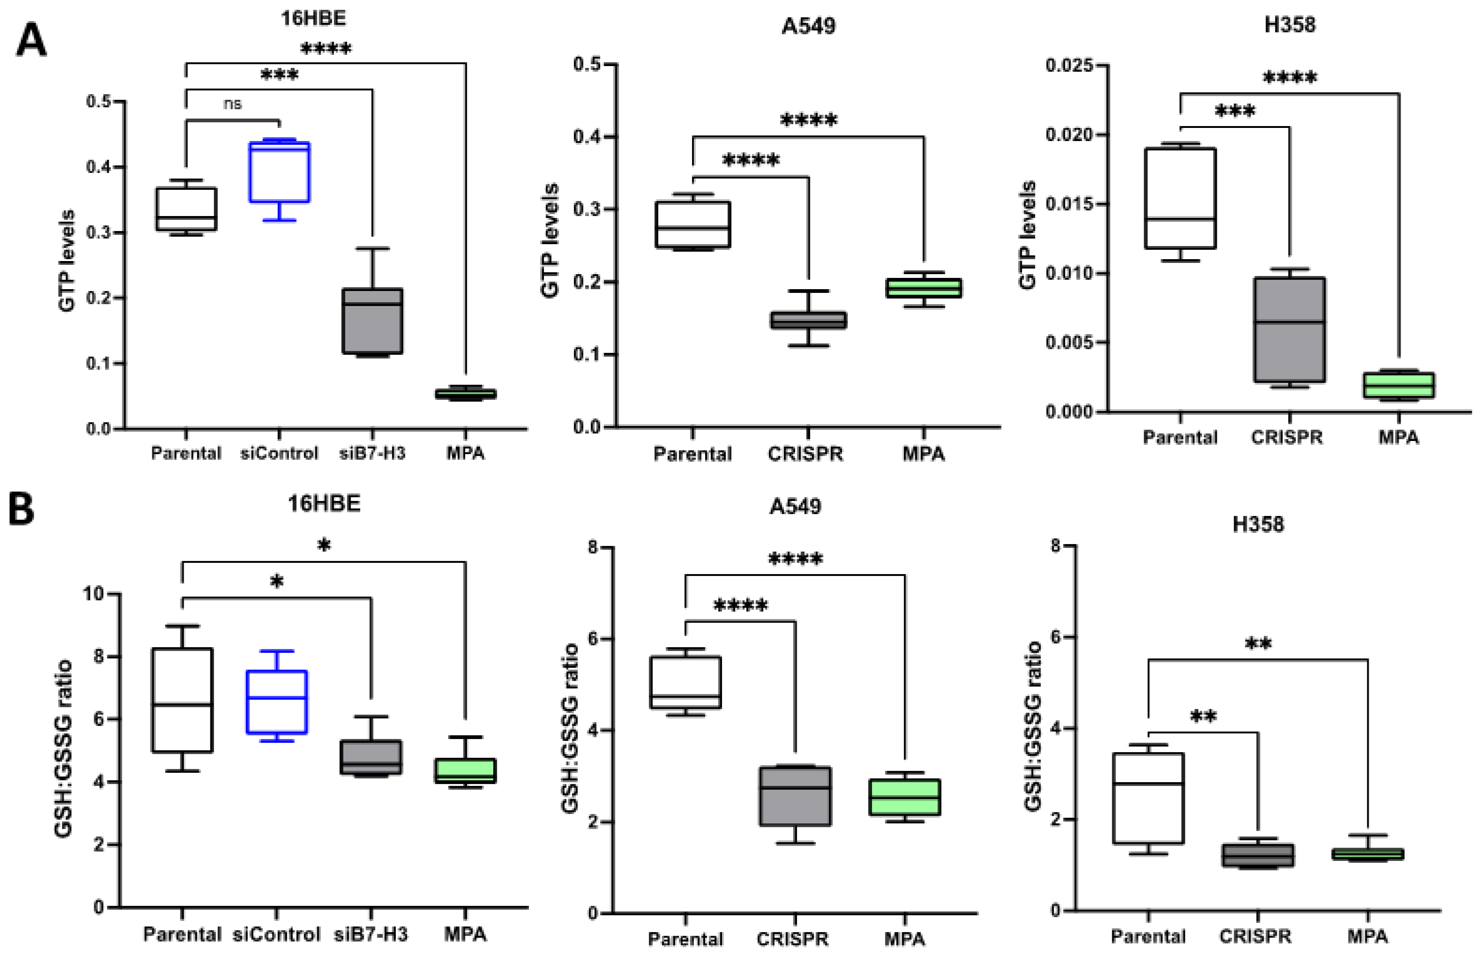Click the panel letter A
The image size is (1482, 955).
31,41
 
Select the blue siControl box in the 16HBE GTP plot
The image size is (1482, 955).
280,172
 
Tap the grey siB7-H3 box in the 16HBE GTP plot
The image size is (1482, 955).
372,321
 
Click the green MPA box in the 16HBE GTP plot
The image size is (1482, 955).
466,394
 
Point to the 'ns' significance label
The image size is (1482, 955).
232,104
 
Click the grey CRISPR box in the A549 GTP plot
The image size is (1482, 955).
809,320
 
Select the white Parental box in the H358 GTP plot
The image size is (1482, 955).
1180,198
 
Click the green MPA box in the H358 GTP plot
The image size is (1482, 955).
1399,385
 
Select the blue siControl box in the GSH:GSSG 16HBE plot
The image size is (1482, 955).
276,702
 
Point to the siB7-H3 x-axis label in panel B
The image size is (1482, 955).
371,934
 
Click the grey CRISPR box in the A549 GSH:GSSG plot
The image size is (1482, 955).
796,796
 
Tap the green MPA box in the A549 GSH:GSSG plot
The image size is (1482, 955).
905,798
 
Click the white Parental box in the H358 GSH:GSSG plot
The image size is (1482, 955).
1148,798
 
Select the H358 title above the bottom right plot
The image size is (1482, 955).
1258,525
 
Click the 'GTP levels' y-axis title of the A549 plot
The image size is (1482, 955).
550,240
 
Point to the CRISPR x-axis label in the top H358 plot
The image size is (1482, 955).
1287,437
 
